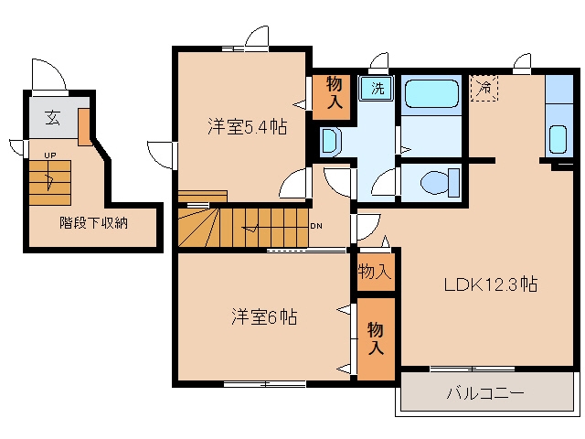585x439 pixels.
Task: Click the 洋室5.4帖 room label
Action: (248, 127)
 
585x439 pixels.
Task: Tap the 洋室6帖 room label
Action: (264, 317)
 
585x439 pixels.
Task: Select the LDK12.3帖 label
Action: (491, 284)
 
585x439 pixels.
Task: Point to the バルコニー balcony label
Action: (485, 393)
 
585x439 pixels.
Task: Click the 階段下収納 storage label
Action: (93, 223)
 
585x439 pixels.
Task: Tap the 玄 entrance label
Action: (52, 118)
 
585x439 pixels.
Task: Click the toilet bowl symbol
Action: (440, 183)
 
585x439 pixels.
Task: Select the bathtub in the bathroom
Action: (431, 93)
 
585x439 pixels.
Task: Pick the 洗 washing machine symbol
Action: (377, 88)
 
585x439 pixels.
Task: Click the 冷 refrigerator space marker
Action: (484, 88)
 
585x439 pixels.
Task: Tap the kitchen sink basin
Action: (558, 139)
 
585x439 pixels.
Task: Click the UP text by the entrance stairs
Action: (50, 155)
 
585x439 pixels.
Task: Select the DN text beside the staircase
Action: (316, 226)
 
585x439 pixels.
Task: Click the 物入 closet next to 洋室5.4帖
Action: (331, 98)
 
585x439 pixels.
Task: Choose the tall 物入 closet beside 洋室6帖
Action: (376, 339)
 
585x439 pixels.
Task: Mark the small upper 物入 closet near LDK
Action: (376, 272)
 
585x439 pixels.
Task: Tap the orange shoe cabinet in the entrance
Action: (83, 127)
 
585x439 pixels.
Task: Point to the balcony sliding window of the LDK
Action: (473, 369)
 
